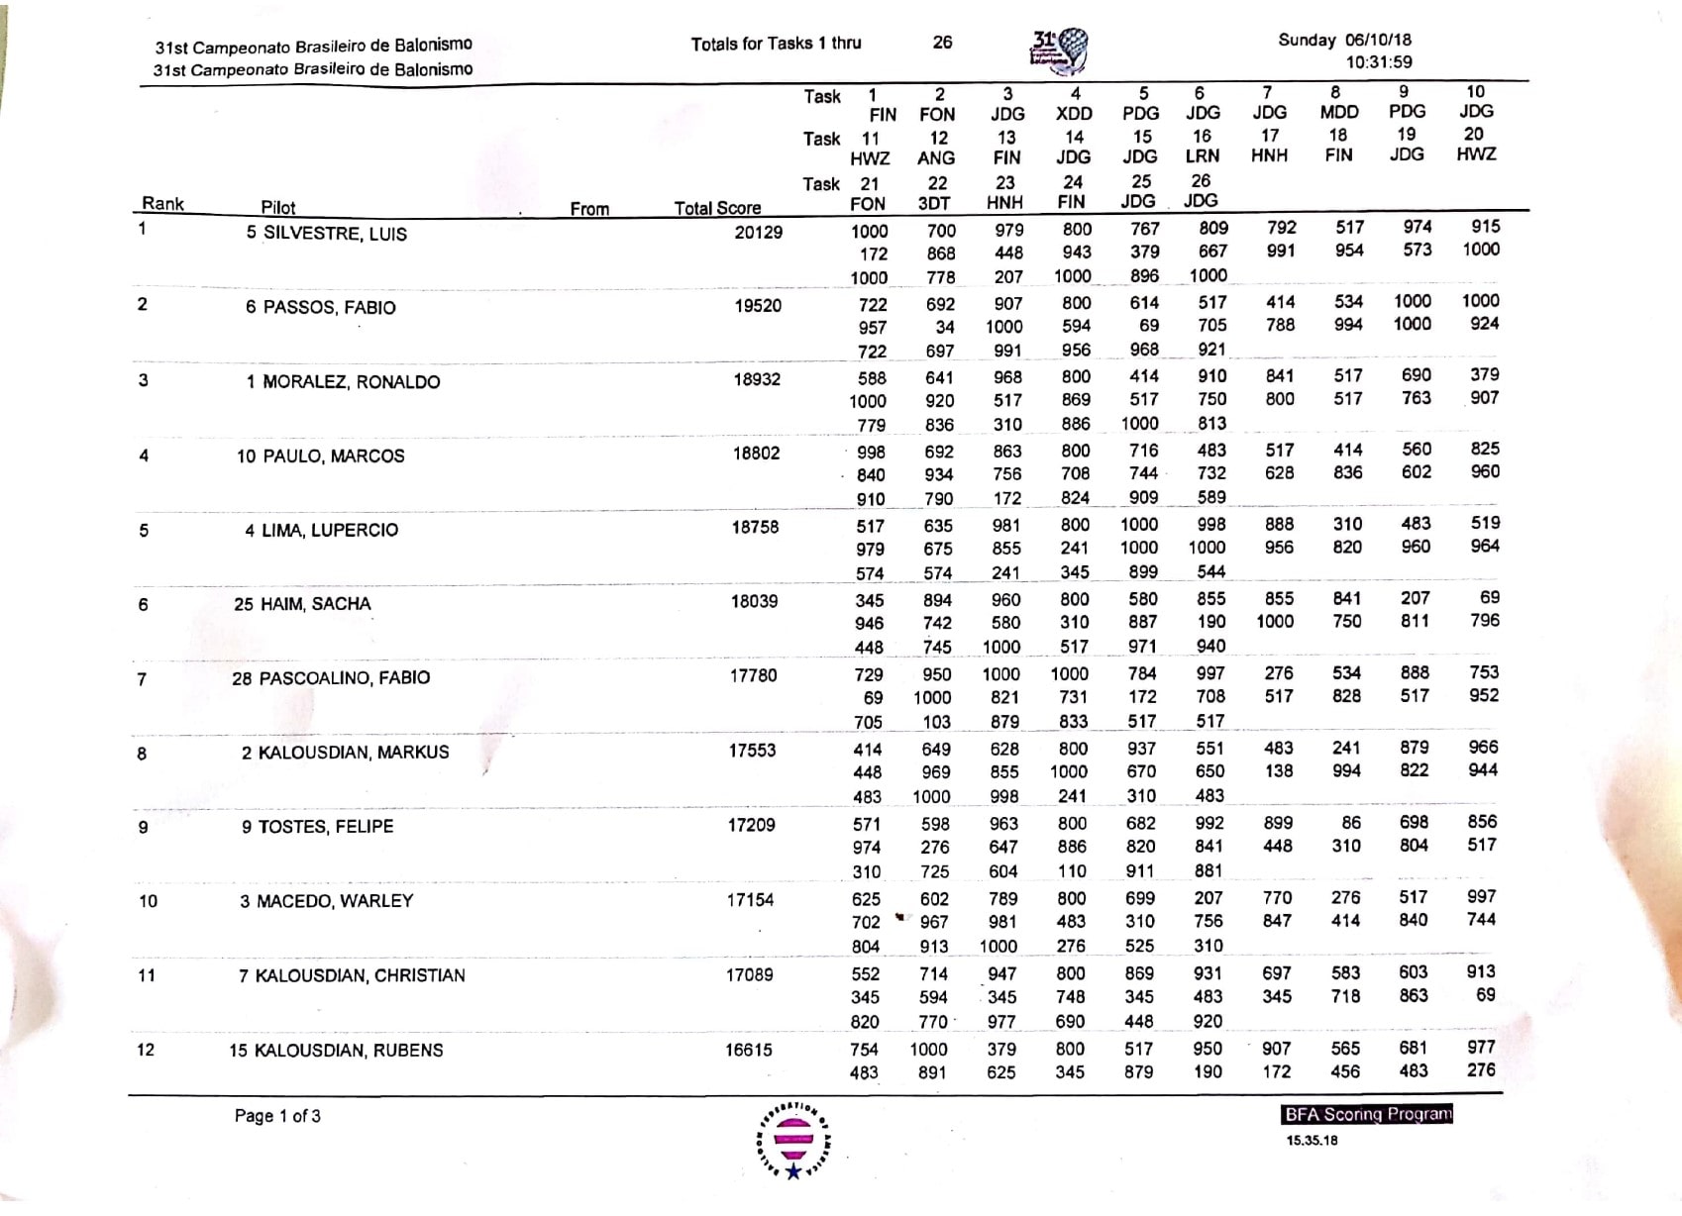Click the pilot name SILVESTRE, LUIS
[x=335, y=234]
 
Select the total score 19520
[x=758, y=306]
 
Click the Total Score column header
[x=717, y=208]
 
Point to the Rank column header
[x=163, y=203]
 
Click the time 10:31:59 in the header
[x=1379, y=62]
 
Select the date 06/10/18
[x=1378, y=40]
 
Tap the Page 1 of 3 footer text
[x=277, y=1116]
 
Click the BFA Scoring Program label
[x=1367, y=1114]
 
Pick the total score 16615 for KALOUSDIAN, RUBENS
[x=748, y=1050]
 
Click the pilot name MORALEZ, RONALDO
[x=351, y=382]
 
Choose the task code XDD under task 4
[x=1074, y=114]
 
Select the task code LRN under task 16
[x=1202, y=155]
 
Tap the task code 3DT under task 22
[x=934, y=203]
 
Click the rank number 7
[x=142, y=679]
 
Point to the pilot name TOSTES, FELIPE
[x=326, y=827]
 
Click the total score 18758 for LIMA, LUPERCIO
[x=755, y=528]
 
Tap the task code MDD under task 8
[x=1338, y=112]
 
